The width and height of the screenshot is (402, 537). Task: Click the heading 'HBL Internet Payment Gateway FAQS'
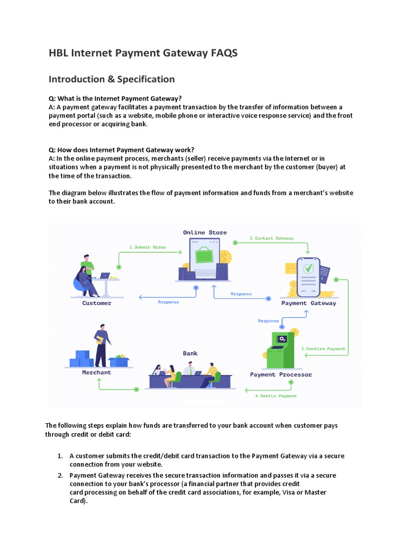143,53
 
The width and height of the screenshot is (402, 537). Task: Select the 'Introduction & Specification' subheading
111,79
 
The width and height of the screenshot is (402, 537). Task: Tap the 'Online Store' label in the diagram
205,232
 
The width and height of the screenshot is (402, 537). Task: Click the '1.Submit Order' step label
147,247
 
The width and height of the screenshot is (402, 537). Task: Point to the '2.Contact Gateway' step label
272,238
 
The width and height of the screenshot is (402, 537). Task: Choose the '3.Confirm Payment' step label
323,349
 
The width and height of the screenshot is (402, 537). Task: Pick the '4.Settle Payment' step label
275,396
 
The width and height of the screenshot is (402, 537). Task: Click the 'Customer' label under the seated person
97,303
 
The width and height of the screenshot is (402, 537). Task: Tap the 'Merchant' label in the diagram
96,372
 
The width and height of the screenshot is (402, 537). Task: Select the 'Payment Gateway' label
308,303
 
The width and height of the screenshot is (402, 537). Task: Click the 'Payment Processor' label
281,374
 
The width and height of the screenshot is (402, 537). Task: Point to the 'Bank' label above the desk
190,353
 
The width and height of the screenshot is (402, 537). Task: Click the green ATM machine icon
281,350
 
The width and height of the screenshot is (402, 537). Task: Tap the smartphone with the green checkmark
308,276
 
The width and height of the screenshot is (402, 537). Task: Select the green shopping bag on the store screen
204,256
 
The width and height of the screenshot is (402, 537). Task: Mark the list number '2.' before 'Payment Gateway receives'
60,475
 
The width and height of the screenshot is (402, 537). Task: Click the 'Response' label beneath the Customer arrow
169,302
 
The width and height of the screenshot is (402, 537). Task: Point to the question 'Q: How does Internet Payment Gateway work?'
121,149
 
